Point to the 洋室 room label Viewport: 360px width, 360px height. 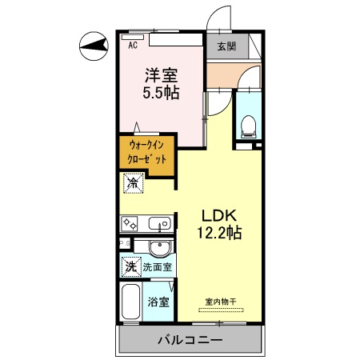click(x=160, y=75)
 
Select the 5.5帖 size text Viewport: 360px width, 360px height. click(x=161, y=93)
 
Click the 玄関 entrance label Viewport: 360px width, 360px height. click(x=226, y=46)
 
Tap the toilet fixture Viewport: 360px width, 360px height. click(x=247, y=125)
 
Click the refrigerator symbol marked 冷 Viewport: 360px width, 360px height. click(x=132, y=184)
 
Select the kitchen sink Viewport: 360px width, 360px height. click(x=154, y=222)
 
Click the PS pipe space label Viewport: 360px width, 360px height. click(x=125, y=242)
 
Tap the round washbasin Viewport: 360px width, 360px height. click(x=160, y=246)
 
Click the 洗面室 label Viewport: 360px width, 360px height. click(x=160, y=266)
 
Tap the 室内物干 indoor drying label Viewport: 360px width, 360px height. click(x=221, y=301)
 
